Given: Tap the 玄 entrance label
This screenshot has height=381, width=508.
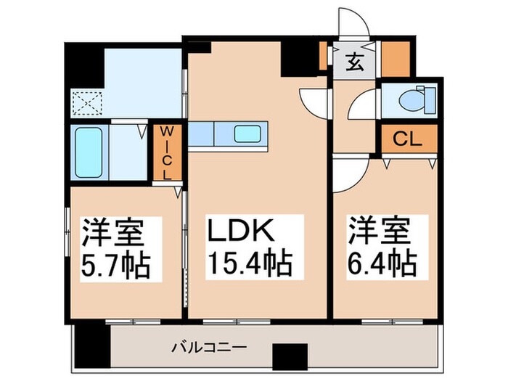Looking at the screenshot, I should click(353, 63).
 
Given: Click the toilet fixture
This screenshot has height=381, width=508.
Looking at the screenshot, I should click(421, 98).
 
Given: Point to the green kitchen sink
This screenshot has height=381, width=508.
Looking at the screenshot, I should click(250, 134).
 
